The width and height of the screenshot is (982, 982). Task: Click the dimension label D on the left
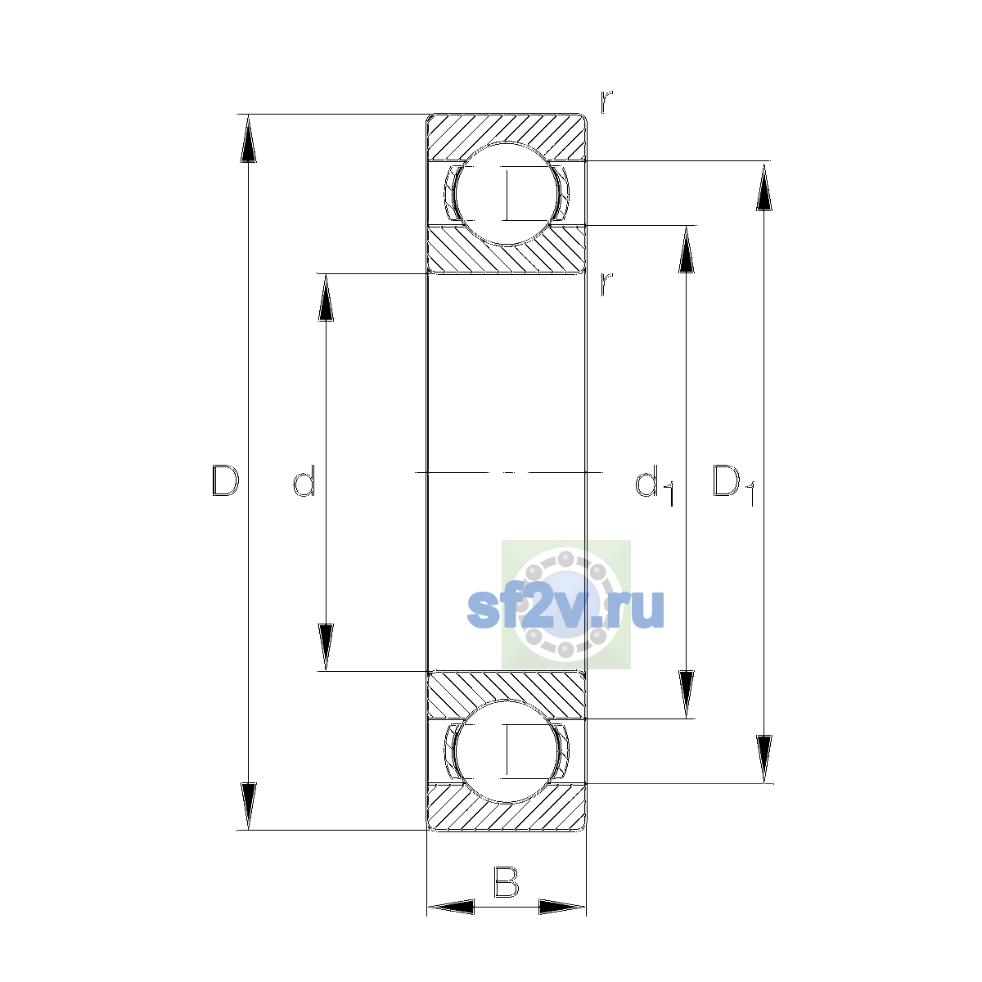tap(225, 480)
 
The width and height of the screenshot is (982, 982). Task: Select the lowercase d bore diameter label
tap(304, 480)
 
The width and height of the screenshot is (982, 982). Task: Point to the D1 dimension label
tap(733, 485)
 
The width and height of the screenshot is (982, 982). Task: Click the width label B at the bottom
tap(506, 882)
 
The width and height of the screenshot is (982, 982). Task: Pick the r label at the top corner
tap(606, 101)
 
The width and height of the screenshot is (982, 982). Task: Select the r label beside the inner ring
tap(606, 284)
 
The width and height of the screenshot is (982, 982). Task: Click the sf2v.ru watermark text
tap(565, 609)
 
